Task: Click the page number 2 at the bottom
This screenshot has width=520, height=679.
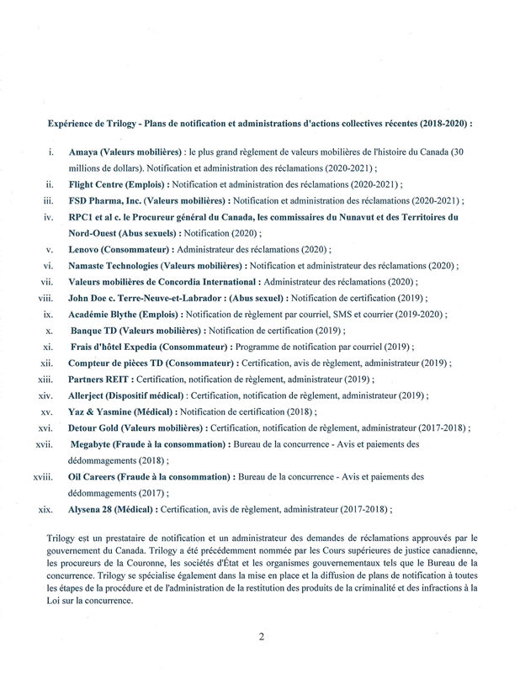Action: [x=261, y=637]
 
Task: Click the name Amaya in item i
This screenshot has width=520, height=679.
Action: [x=83, y=152]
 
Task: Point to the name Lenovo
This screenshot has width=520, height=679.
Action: [x=85, y=249]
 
